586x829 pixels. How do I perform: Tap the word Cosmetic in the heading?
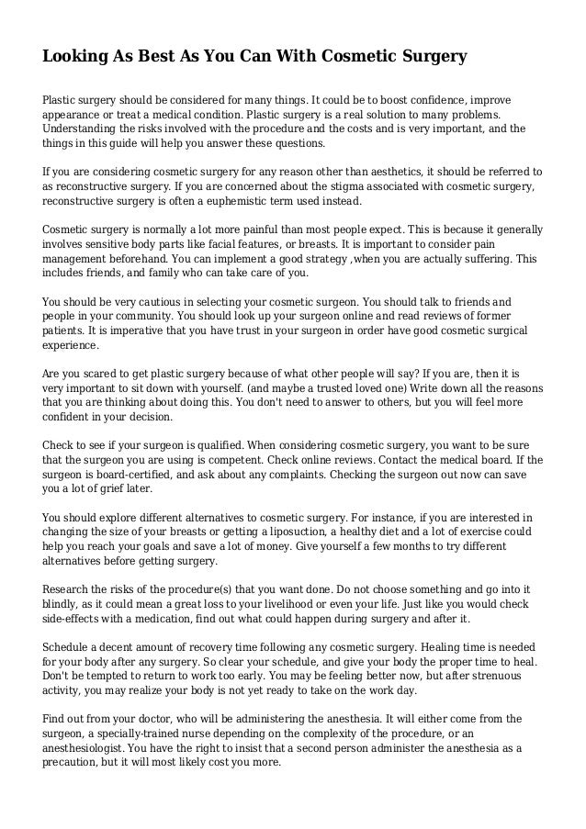tap(355, 57)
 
